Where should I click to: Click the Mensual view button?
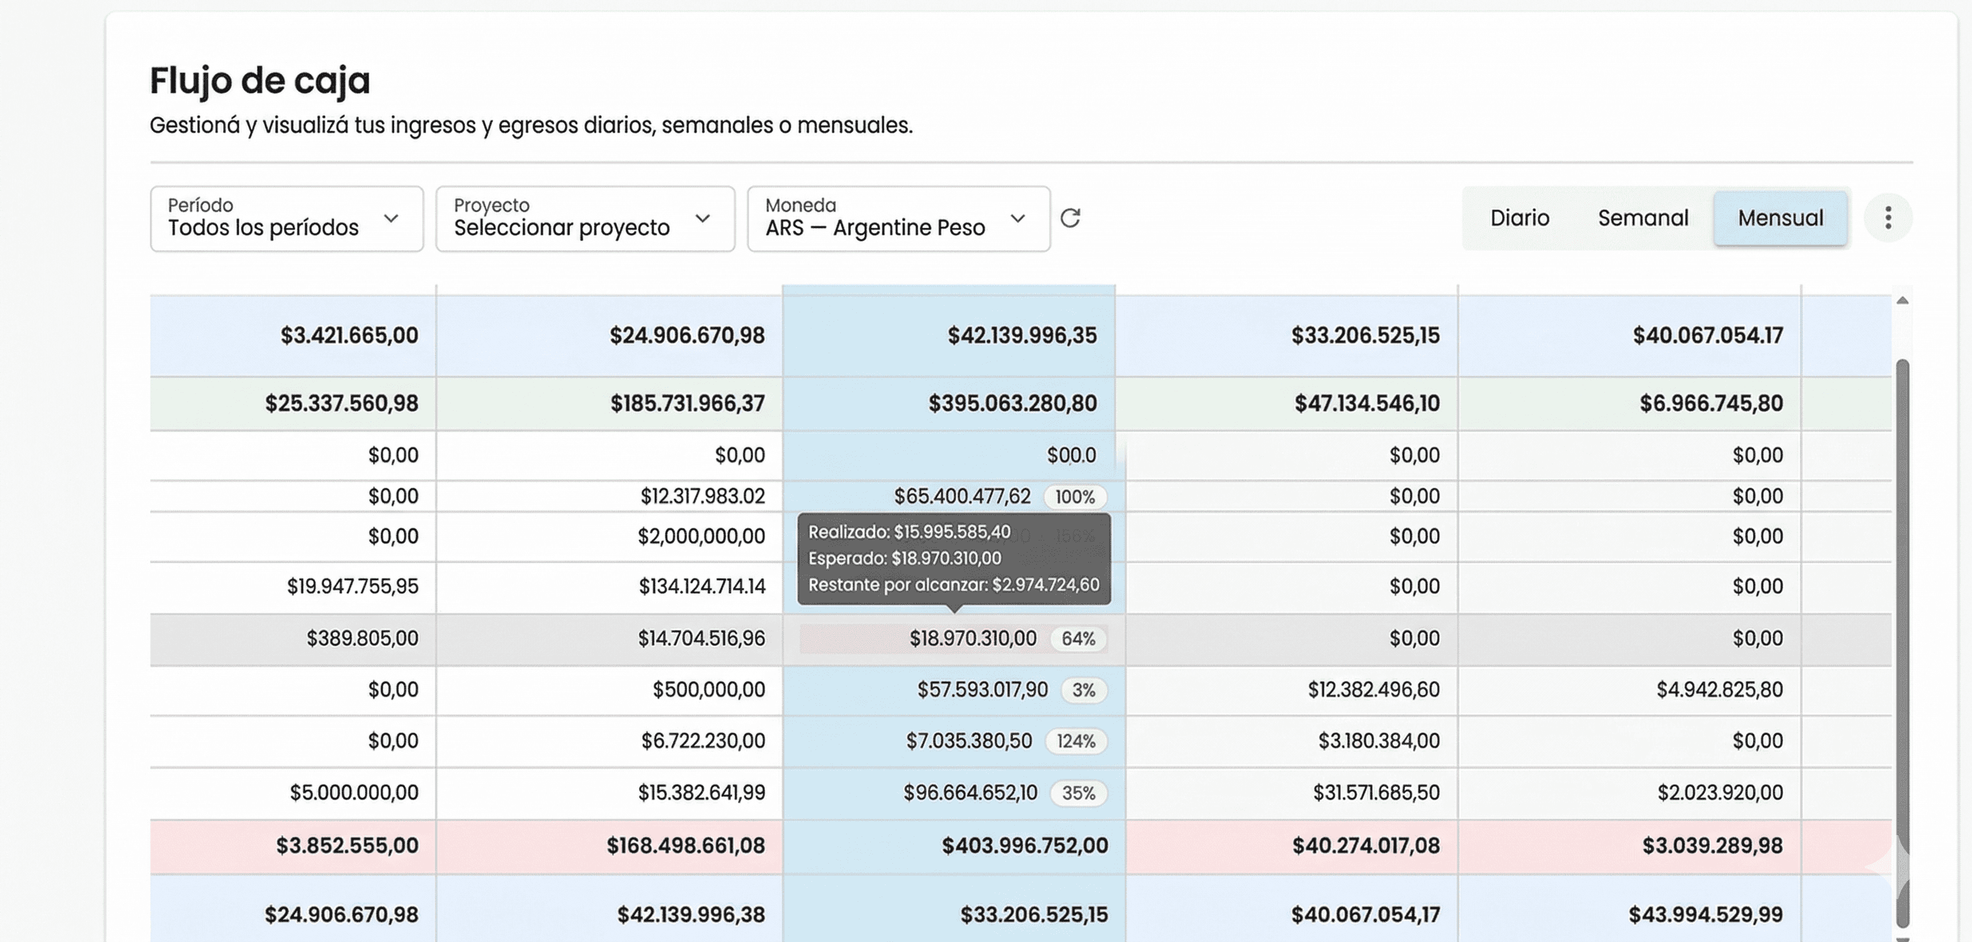(1780, 218)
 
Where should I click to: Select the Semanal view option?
(1643, 218)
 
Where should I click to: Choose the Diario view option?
(1519, 218)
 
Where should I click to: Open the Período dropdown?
(286, 218)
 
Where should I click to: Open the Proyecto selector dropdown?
(585, 218)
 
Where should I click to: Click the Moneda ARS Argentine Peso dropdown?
(898, 218)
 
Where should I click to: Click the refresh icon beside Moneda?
(1070, 218)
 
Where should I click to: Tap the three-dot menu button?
(1888, 218)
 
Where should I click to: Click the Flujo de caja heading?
(260, 80)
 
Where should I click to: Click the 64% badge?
(1078, 639)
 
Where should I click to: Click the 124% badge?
(1076, 741)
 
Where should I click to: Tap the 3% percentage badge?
(1083, 690)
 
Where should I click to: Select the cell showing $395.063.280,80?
(1012, 403)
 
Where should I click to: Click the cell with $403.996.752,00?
(1024, 846)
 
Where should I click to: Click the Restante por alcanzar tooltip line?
(953, 585)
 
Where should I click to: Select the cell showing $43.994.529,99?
(1705, 915)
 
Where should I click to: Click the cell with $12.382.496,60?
(1373, 690)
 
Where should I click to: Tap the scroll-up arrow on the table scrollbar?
(1902, 300)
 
